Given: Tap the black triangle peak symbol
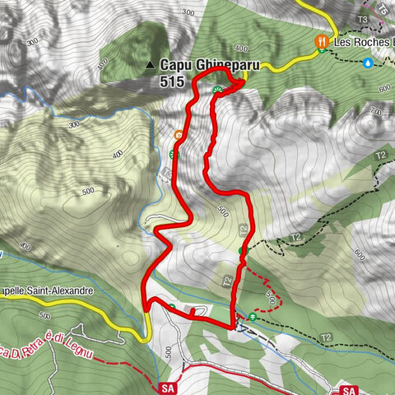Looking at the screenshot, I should (149, 63).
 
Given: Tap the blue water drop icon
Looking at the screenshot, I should (369, 62).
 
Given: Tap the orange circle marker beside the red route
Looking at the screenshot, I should (179, 134).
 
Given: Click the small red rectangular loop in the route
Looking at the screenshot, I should (194, 311).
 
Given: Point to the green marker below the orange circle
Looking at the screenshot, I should (173, 153).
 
